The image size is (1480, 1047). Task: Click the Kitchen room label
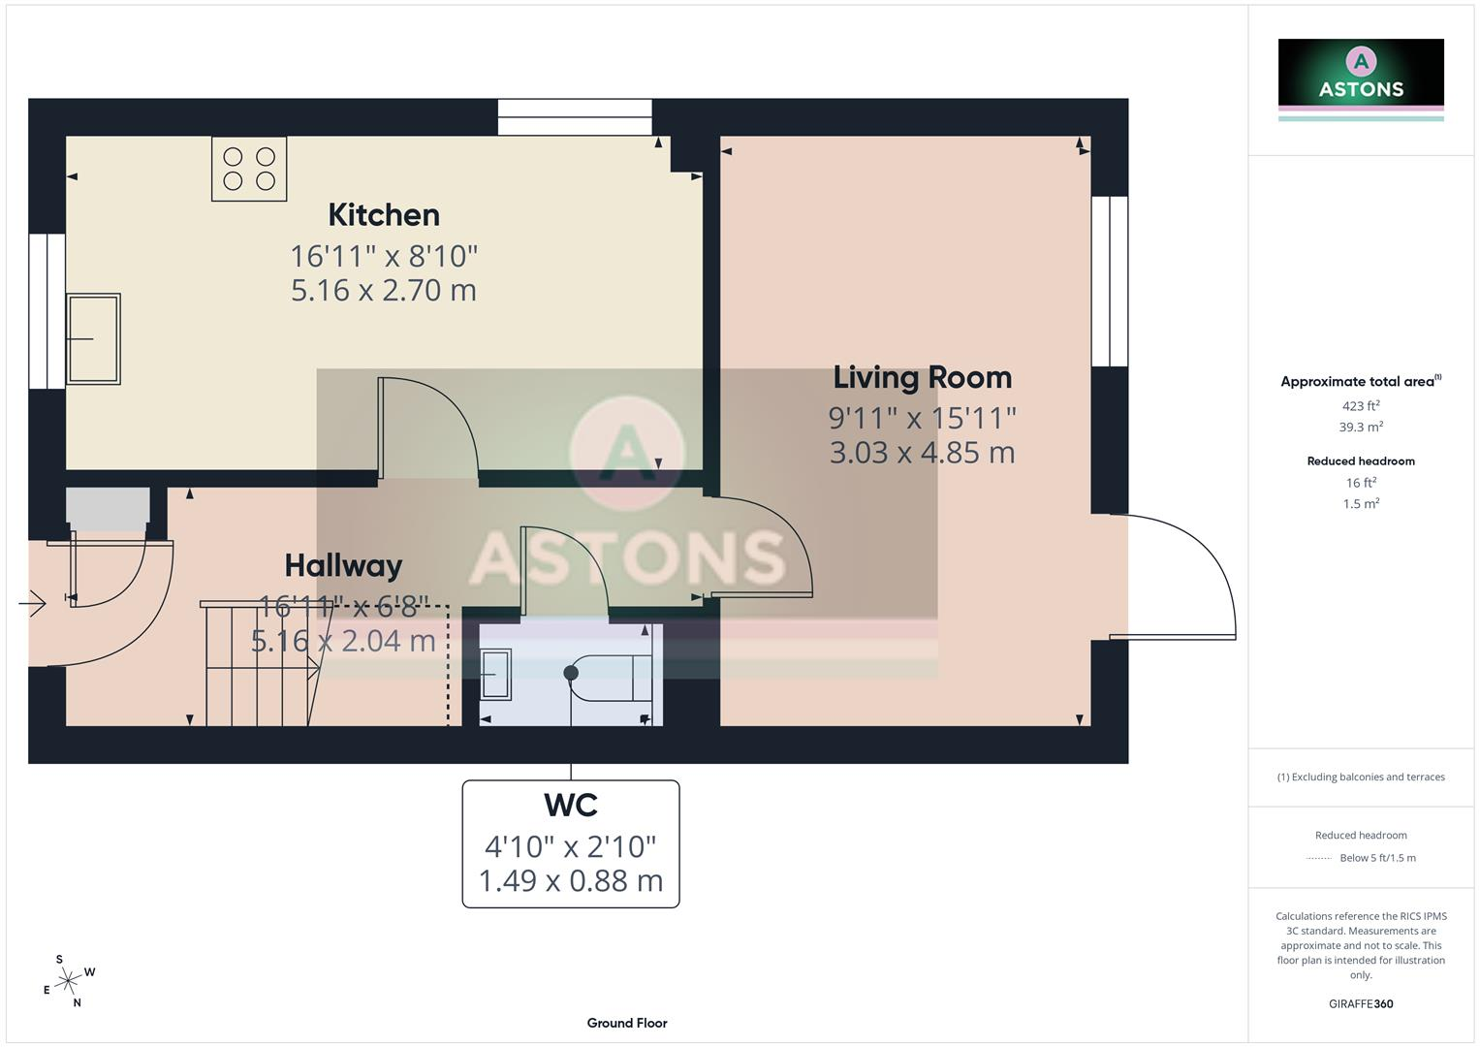384,215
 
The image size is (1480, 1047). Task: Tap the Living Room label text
923,377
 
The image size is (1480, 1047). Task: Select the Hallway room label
343,566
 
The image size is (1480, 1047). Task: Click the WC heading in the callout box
571,805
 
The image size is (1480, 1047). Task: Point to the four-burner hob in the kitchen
249,169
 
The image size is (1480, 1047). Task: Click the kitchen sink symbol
93,339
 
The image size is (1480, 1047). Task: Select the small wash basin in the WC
495,674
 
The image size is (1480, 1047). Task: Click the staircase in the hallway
261,664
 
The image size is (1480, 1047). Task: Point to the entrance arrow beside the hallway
32,603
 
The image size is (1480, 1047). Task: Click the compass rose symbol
69,981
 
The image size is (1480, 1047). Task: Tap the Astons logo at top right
1361,79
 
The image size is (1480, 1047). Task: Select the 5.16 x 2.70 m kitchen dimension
384,290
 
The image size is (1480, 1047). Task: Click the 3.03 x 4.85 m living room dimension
923,453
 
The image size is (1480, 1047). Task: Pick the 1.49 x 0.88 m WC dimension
571,880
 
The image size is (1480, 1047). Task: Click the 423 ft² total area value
1361,406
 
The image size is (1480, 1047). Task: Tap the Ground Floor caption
627,1023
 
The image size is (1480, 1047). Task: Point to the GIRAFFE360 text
1361,1004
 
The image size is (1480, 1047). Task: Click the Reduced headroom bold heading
1361,461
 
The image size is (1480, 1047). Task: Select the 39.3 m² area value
1361,427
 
